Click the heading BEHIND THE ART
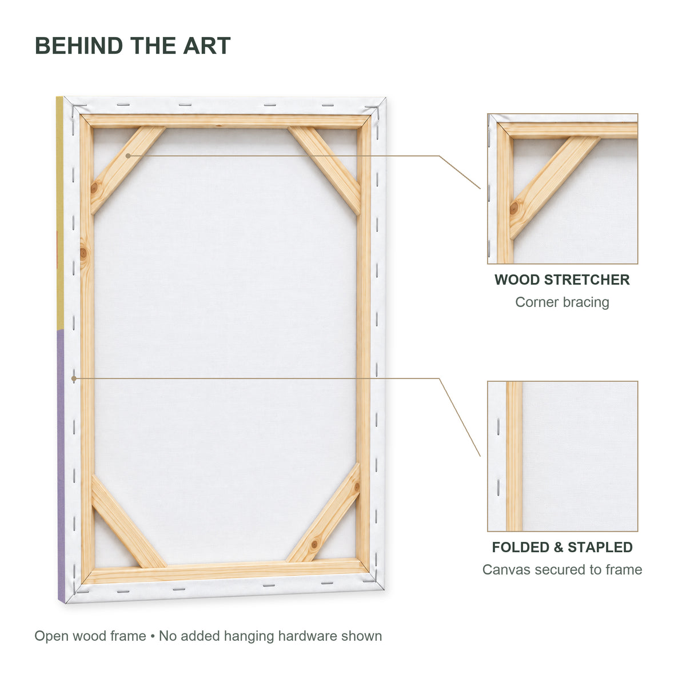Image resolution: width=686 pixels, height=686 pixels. (x=133, y=46)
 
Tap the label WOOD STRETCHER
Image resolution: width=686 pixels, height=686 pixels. (x=562, y=280)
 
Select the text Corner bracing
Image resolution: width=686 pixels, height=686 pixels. (x=562, y=302)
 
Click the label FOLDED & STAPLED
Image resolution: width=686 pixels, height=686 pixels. (x=562, y=547)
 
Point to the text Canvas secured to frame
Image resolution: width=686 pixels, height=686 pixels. (x=562, y=569)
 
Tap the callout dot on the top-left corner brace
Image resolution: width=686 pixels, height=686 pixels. (x=128, y=156)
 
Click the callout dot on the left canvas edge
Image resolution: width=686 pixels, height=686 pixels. (x=74, y=378)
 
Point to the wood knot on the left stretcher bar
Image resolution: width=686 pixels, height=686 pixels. (x=83, y=253)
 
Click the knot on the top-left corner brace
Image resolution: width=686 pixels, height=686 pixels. (x=94, y=188)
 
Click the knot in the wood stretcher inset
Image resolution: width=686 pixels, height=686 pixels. (x=514, y=208)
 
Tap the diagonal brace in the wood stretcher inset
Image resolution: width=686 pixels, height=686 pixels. (x=554, y=186)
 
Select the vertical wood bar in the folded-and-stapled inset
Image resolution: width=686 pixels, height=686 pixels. (x=514, y=456)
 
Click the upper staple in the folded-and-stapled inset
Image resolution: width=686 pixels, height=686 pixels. (x=498, y=427)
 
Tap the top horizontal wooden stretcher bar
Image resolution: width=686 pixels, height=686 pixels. (x=226, y=121)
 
